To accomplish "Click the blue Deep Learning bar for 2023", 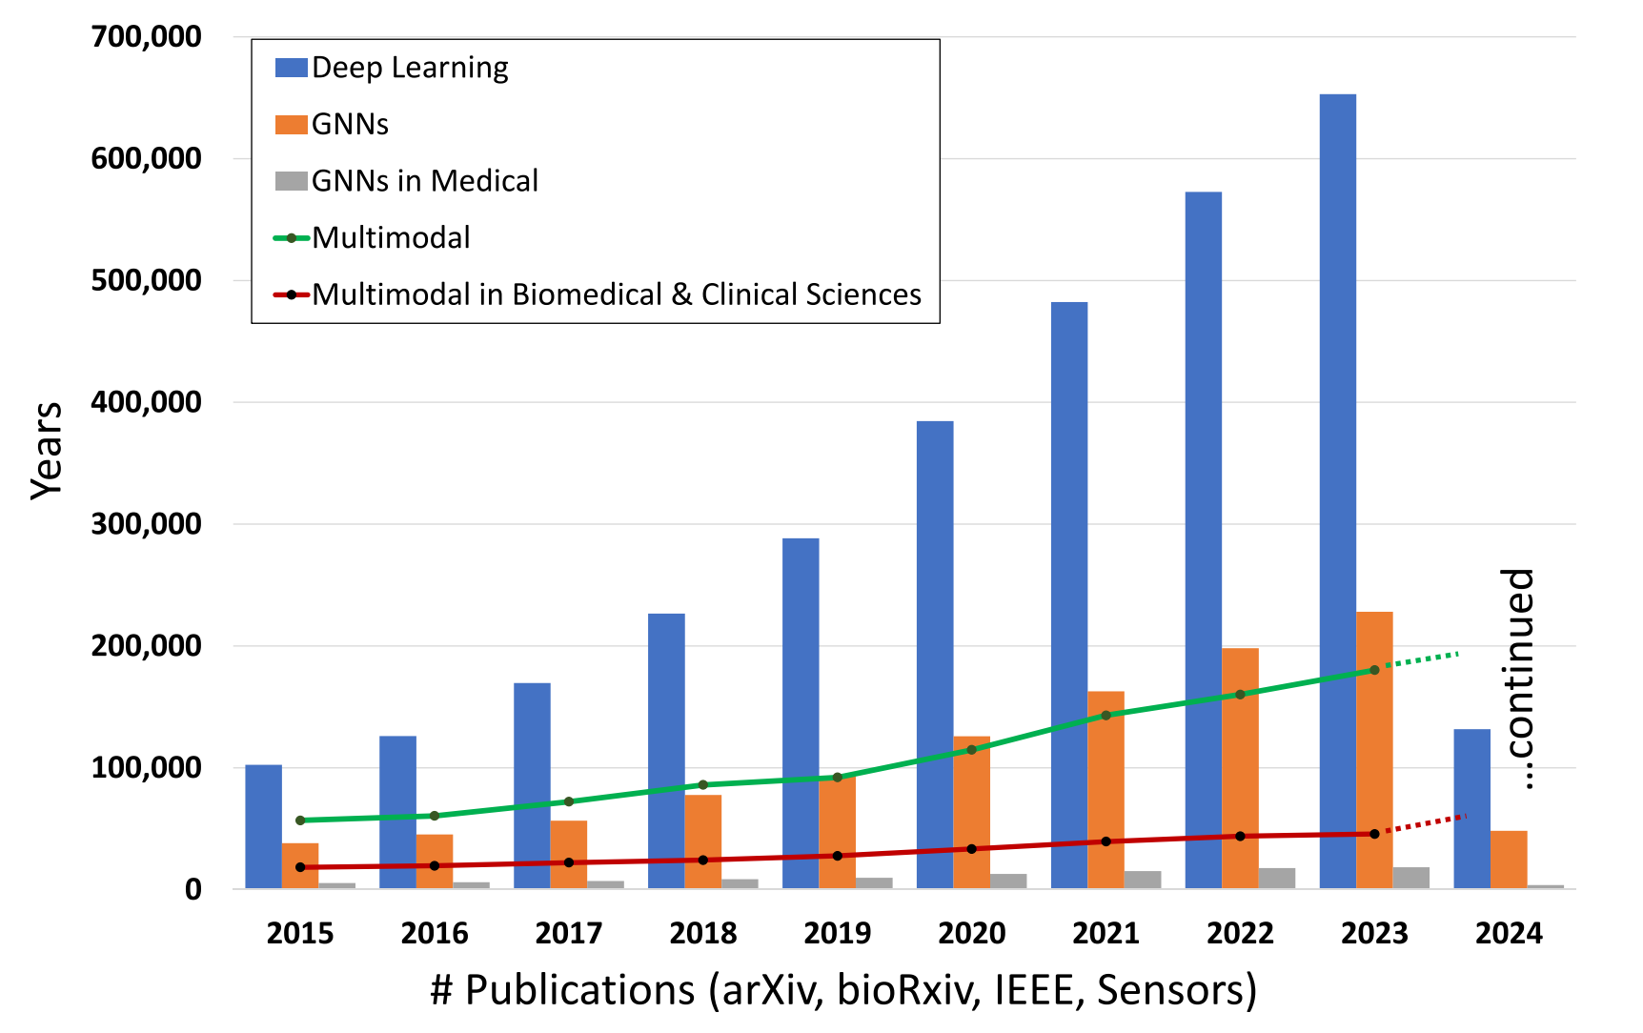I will click(1338, 491).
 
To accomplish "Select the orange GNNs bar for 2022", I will click(1240, 768).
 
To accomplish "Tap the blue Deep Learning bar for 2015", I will click(263, 826).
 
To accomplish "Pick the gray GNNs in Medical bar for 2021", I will click(1143, 880).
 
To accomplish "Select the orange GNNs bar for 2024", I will click(1509, 860).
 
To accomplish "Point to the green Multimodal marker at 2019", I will click(838, 778).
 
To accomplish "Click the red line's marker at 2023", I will click(1374, 834).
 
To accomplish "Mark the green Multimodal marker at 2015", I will click(300, 820).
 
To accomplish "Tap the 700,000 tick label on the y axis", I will click(146, 37).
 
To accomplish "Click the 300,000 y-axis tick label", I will click(146, 524).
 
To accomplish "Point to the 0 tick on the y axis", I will click(193, 889).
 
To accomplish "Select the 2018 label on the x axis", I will click(703, 933).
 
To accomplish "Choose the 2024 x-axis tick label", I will click(1509, 933).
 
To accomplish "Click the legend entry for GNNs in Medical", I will click(424, 181).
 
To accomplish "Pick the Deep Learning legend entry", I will click(410, 68).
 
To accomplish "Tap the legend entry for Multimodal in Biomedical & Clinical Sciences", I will click(616, 294).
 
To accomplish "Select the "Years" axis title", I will click(46, 450).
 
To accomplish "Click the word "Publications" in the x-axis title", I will click(579, 990).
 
